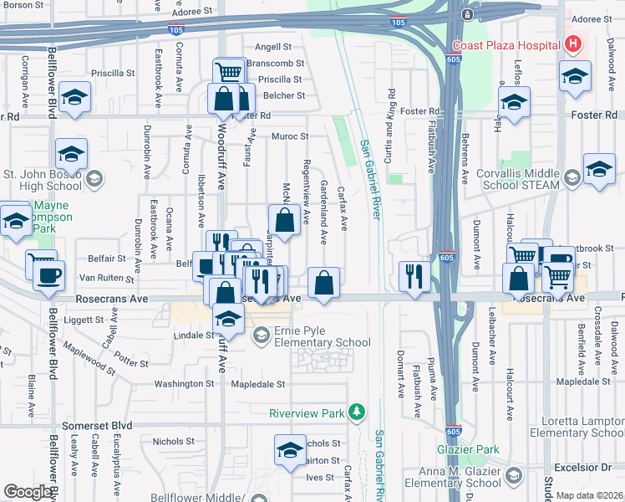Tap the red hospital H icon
click(x=573, y=44)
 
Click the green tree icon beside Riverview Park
click(x=357, y=412)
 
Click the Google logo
click(x=28, y=492)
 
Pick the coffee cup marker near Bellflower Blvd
click(x=48, y=275)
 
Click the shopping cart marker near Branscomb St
click(x=228, y=71)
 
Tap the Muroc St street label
click(x=289, y=136)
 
